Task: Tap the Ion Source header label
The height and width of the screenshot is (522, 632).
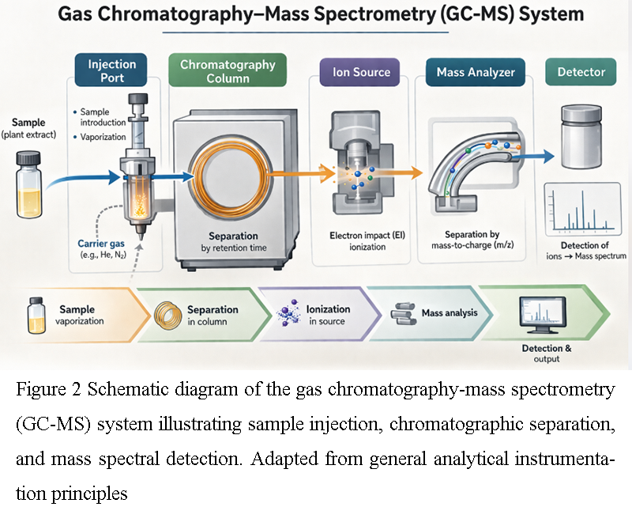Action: click(361, 72)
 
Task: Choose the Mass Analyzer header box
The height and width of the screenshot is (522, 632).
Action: click(476, 72)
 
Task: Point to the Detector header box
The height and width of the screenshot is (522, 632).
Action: click(581, 72)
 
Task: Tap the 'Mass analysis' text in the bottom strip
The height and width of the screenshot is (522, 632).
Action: click(450, 312)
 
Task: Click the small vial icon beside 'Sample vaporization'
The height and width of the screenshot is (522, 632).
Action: click(35, 312)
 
